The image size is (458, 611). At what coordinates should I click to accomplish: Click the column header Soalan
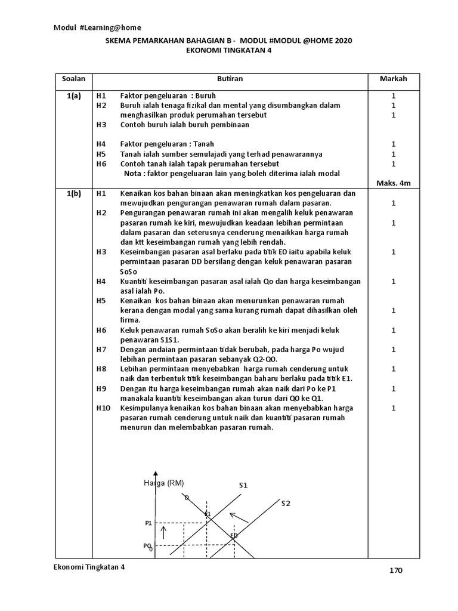point(73,79)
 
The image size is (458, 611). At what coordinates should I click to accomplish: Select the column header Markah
point(394,79)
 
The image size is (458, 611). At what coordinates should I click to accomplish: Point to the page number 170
point(397,570)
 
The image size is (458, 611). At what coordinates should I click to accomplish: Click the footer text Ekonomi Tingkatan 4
point(89,567)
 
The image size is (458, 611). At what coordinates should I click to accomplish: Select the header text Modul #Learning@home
point(98,27)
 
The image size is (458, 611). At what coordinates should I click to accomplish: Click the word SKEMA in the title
point(119,41)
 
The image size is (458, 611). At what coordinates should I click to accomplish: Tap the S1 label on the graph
point(243,485)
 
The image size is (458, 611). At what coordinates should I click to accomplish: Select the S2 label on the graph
point(286,504)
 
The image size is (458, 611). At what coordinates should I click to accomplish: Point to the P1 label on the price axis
point(148,523)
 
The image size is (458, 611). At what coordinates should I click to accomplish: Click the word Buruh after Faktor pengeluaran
point(204,95)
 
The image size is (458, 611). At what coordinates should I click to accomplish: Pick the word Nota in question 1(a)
point(133,173)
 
